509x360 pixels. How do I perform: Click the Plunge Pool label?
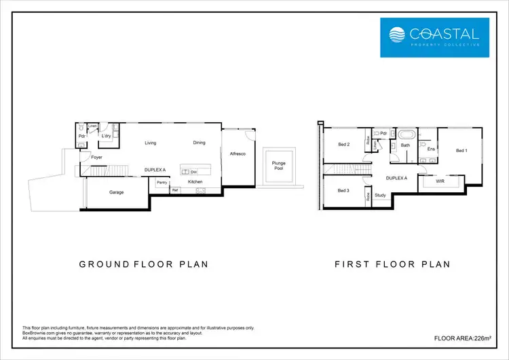coord(278,166)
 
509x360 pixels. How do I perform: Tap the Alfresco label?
coord(237,155)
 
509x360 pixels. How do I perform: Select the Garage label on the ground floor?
coord(117,192)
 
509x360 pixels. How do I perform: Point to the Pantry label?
coord(162,182)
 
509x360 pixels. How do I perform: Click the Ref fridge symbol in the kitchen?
coord(174,190)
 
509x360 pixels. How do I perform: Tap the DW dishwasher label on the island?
coord(193,171)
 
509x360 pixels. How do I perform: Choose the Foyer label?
coord(97,157)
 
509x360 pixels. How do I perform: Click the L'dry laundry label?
coord(107,136)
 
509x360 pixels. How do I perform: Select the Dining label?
coord(199,143)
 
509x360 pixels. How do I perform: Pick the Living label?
coord(151,143)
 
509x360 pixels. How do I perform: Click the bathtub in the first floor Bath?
coord(405,134)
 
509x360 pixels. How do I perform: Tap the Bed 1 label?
coord(461,150)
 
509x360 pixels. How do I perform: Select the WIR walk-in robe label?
coord(439,182)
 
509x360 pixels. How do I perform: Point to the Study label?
coord(380,196)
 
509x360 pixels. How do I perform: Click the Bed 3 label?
coord(344,190)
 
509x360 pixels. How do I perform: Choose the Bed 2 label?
coord(344,144)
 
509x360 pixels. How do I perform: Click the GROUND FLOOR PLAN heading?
coord(143,264)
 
